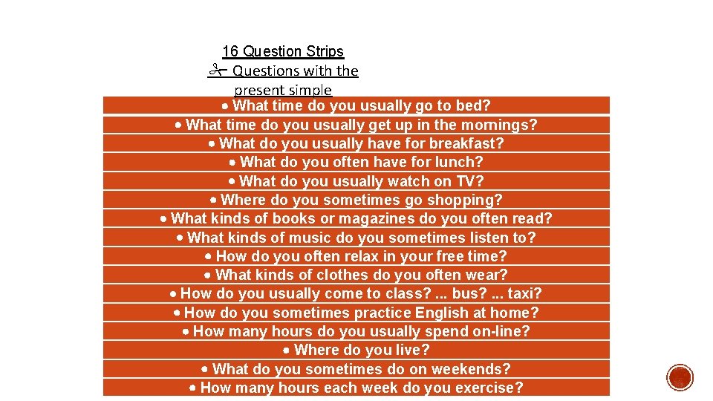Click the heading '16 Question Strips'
point(283,51)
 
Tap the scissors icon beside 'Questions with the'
point(216,71)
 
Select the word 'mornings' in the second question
point(507,125)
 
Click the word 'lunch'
point(458,162)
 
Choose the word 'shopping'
point(469,200)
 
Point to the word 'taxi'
point(524,294)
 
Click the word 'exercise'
point(489,388)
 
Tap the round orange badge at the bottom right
point(680,377)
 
